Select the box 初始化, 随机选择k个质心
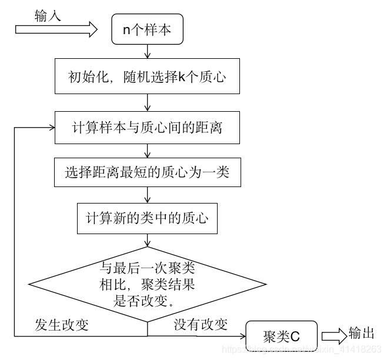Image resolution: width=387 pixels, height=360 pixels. (147, 77)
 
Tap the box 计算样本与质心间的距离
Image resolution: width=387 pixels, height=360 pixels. (147, 127)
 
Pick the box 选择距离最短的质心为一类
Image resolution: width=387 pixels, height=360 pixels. (147, 172)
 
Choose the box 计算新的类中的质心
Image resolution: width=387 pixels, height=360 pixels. (147, 218)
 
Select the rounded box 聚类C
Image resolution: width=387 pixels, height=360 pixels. (281, 336)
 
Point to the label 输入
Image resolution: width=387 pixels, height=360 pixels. (48, 16)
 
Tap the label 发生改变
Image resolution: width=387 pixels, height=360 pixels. (62, 325)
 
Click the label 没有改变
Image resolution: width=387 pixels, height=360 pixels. (201, 325)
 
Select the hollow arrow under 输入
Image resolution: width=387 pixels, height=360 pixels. (56, 30)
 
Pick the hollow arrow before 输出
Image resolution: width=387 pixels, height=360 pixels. (333, 336)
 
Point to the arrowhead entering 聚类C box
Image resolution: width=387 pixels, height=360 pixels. (241, 336)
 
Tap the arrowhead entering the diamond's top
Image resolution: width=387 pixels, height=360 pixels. (147, 246)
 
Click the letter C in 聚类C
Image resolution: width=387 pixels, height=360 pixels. (295, 336)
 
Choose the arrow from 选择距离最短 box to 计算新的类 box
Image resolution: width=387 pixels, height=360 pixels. (147, 195)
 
